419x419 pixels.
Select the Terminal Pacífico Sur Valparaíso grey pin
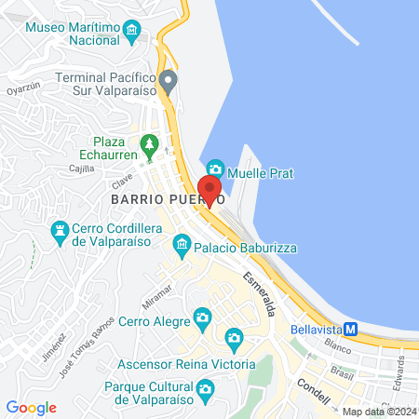[168, 80]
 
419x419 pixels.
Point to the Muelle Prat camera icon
[215, 169]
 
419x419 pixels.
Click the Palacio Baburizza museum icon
[182, 246]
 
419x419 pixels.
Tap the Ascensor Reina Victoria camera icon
[234, 336]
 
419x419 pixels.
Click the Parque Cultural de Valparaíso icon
[206, 389]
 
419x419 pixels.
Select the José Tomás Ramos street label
[90, 343]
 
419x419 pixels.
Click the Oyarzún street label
[25, 90]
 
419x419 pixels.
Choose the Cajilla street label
[83, 169]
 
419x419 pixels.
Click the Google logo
[32, 408]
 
